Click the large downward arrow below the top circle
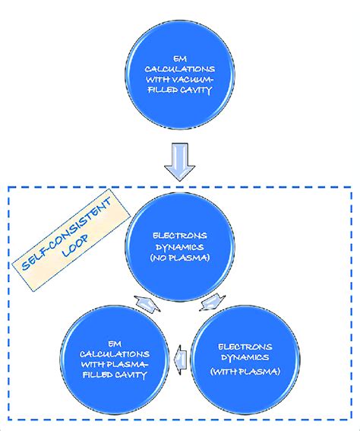pos(180,163)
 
